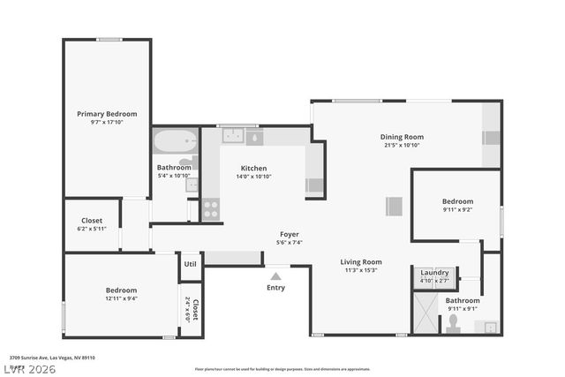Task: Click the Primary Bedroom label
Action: [106, 114]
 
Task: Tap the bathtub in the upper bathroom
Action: [171, 141]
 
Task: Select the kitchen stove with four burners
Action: [211, 209]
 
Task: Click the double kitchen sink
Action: [233, 137]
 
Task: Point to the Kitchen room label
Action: [254, 169]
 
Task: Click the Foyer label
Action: [290, 234]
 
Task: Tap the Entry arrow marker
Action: [276, 276]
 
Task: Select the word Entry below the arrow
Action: [276, 288]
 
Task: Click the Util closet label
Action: [190, 264]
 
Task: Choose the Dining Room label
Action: [402, 137]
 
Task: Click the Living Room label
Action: [361, 261]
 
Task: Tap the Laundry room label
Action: [434, 273]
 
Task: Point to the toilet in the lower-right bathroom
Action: [453, 326]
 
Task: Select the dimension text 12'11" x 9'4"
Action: [122, 298]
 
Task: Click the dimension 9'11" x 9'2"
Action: [457, 210]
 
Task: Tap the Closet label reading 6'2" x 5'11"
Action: [92, 229]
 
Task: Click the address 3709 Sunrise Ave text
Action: [52, 358]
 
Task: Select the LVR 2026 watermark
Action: [28, 369]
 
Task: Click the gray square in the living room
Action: [394, 207]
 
